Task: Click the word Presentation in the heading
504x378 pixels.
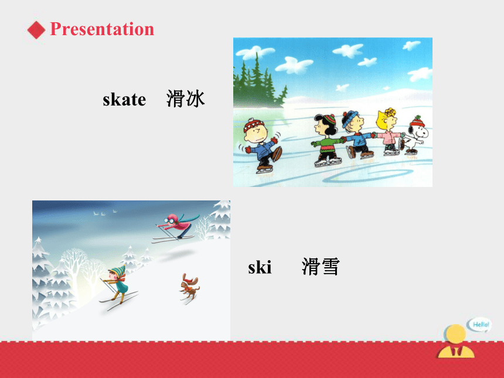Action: pyautogui.click(x=102, y=29)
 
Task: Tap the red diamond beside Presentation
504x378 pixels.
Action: pyautogui.click(x=36, y=30)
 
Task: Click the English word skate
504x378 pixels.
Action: pyautogui.click(x=124, y=99)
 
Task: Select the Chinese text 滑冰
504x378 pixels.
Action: pyautogui.click(x=185, y=98)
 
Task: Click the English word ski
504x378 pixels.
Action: pyautogui.click(x=260, y=267)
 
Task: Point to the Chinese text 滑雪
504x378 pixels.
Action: pyautogui.click(x=321, y=267)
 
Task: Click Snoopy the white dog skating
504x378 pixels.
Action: pyautogui.click(x=415, y=135)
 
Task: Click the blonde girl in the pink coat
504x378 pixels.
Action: pyautogui.click(x=389, y=132)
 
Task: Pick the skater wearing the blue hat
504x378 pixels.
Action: pyautogui.click(x=357, y=134)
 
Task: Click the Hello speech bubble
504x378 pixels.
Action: pyautogui.click(x=479, y=325)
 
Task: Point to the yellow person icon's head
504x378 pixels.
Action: pyautogui.click(x=455, y=334)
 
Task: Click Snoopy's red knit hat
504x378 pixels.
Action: pyautogui.click(x=417, y=122)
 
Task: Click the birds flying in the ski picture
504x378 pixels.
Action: pyautogui.click(x=105, y=213)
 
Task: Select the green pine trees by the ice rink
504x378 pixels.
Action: pyautogui.click(x=257, y=82)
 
